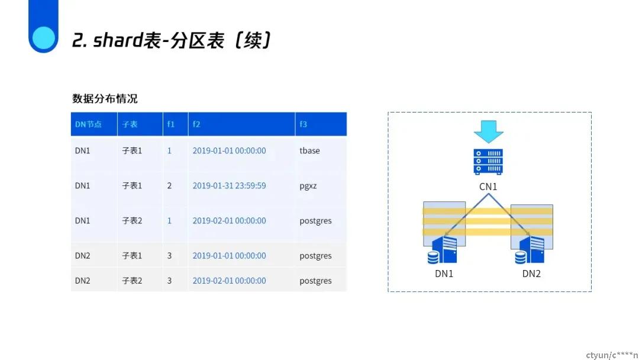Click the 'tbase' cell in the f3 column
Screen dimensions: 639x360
click(x=309, y=150)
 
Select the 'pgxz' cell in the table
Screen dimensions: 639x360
click(x=308, y=186)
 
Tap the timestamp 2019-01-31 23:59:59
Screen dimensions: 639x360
click(x=229, y=185)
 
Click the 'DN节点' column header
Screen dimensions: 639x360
click(x=88, y=124)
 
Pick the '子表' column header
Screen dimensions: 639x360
click(x=130, y=124)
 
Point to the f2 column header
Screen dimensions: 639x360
click(x=196, y=124)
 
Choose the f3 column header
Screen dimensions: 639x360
click(x=303, y=124)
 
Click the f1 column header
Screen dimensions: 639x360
click(x=171, y=124)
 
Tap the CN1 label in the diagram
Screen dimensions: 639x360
click(x=488, y=187)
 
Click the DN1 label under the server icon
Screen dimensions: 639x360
click(x=444, y=274)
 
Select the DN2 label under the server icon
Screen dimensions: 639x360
click(x=531, y=274)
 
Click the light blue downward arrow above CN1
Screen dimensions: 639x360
click(x=489, y=131)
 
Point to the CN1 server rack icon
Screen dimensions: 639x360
click(x=488, y=162)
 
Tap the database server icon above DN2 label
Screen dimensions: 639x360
click(x=530, y=249)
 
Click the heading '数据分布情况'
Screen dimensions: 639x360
click(x=105, y=98)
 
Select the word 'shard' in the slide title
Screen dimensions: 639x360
click(x=118, y=40)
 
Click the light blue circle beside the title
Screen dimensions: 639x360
click(x=43, y=38)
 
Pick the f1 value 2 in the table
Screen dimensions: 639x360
click(x=169, y=186)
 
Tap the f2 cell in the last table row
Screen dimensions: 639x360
click(x=229, y=281)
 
